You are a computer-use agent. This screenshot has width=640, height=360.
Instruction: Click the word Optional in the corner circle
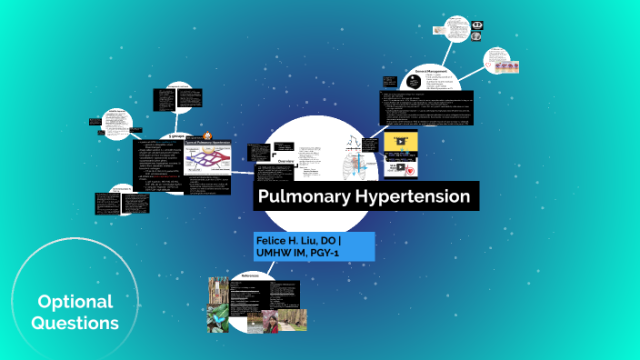75,302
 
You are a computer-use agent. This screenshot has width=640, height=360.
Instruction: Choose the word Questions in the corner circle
75,322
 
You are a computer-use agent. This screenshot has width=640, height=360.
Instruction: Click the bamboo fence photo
218,290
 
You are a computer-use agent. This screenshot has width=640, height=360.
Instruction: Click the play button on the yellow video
401,142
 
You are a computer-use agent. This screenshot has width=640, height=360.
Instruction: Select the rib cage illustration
350,165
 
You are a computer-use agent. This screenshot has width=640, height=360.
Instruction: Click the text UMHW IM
283,252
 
